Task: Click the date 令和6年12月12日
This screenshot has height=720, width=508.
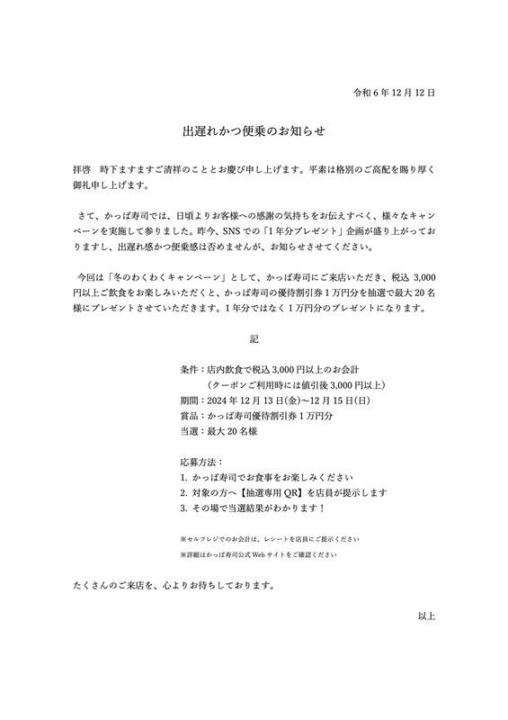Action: (x=395, y=93)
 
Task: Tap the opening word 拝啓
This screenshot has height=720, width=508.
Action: (x=83, y=168)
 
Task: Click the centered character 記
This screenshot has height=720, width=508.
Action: (x=254, y=340)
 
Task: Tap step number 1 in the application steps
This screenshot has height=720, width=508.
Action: (x=183, y=477)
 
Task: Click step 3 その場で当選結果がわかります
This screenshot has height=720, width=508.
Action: (x=266, y=509)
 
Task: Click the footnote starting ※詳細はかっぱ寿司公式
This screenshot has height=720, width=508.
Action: (x=259, y=554)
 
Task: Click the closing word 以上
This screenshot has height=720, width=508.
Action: (x=426, y=616)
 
